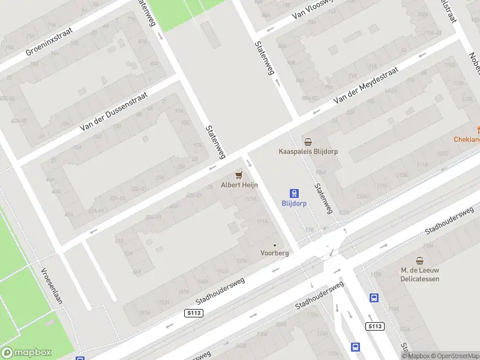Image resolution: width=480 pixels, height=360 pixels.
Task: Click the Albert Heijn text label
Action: click(239, 185)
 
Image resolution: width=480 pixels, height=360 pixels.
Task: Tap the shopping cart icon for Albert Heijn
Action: click(239, 175)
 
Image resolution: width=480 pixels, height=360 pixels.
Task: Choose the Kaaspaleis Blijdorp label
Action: click(308, 152)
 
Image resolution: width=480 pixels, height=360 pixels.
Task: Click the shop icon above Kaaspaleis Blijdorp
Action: click(308, 142)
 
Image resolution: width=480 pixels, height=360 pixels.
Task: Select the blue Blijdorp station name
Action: click(295, 203)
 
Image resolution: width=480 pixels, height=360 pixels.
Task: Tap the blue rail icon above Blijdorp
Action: click(295, 193)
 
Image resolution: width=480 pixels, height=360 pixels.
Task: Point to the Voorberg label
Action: click(275, 253)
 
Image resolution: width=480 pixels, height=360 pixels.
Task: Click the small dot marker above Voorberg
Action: click(275, 245)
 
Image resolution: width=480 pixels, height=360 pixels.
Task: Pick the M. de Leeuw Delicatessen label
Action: click(420, 275)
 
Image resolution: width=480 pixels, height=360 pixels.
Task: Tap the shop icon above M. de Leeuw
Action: click(420, 260)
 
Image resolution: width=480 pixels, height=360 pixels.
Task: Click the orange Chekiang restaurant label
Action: click(467, 140)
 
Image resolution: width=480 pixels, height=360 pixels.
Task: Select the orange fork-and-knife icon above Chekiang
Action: click(478, 129)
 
